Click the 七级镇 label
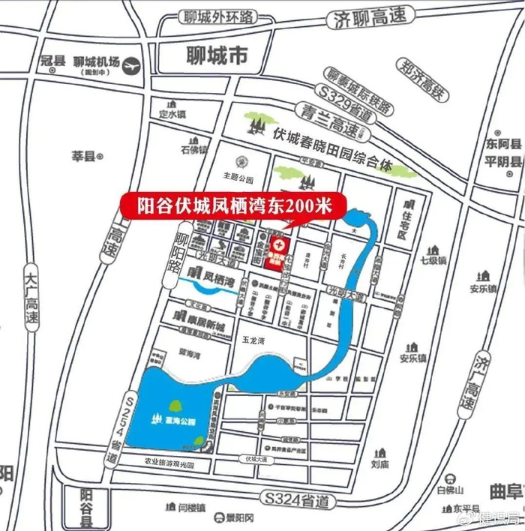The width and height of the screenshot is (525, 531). click(x=433, y=261)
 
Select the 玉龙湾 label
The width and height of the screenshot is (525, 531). click(x=255, y=339)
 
